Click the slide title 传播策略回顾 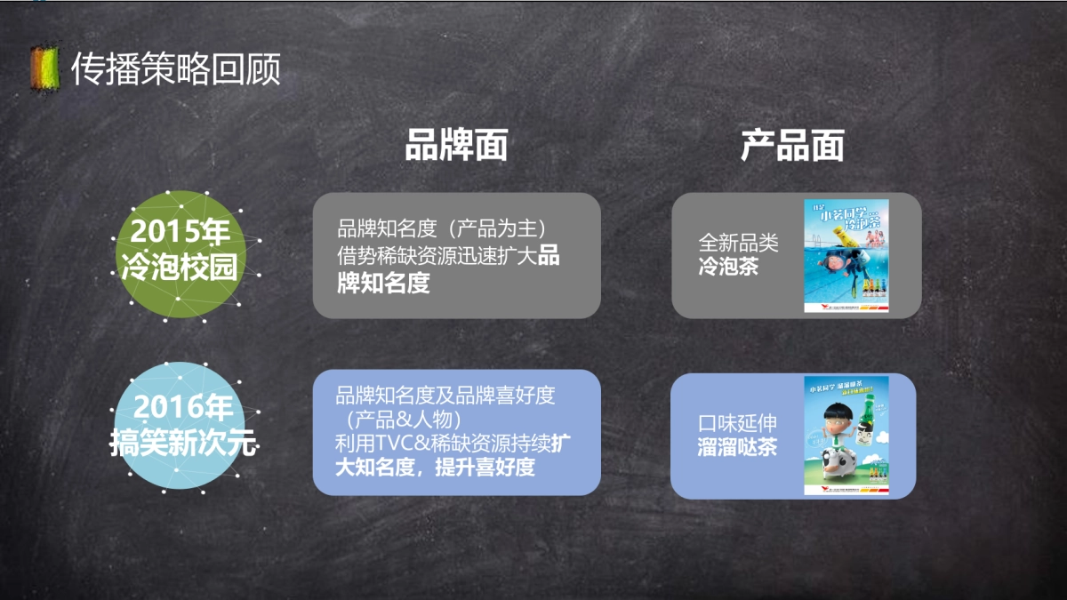(175, 68)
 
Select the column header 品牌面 (456, 145)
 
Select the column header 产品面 (792, 145)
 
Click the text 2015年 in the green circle (180, 233)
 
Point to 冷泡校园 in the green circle (180, 266)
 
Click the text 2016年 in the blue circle (181, 409)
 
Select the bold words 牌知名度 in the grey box (383, 284)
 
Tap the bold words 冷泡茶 (728, 266)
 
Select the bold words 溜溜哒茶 (737, 446)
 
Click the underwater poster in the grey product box (846, 256)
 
